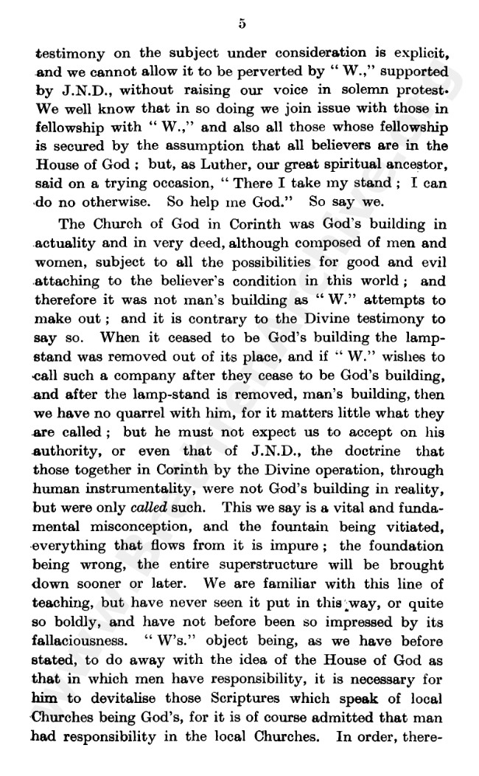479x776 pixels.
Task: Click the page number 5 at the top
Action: [x=242, y=24]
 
